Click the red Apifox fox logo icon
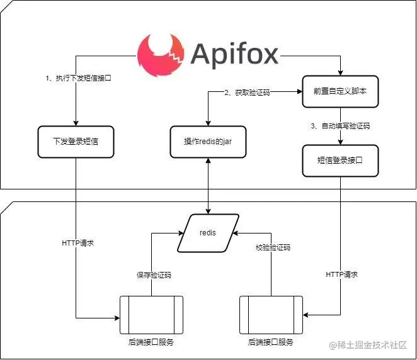(x=161, y=55)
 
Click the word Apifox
(x=234, y=55)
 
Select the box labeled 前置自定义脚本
(x=340, y=92)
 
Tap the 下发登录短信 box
(x=76, y=142)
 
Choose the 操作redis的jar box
(x=208, y=142)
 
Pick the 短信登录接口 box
(x=340, y=160)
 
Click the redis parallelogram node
(x=208, y=233)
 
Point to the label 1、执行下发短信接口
(x=78, y=78)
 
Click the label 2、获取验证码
(x=247, y=93)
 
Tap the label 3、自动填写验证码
(x=340, y=126)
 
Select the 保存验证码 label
(x=154, y=275)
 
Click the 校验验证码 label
(x=273, y=247)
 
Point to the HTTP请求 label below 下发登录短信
(x=77, y=243)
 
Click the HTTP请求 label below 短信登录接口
(x=342, y=274)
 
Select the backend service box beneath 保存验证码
(x=151, y=315)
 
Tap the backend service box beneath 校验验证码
(x=271, y=315)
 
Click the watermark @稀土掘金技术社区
(x=368, y=345)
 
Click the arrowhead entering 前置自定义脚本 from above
(x=340, y=73)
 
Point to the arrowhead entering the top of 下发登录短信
(x=76, y=123)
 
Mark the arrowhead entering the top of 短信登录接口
(x=340, y=142)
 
